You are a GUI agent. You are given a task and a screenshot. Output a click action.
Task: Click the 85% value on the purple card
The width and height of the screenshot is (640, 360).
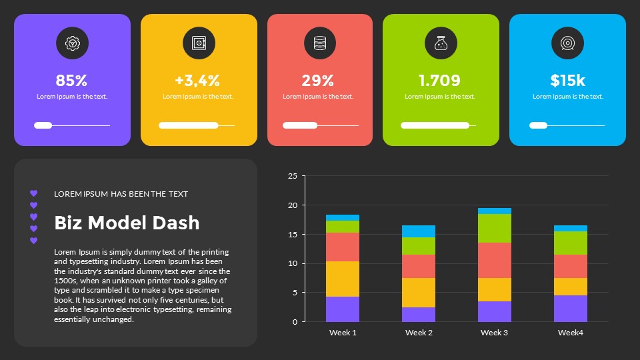click(x=72, y=81)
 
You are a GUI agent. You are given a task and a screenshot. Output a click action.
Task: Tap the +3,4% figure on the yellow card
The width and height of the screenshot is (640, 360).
click(x=198, y=81)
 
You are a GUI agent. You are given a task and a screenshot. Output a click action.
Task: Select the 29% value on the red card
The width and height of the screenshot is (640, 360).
click(x=318, y=81)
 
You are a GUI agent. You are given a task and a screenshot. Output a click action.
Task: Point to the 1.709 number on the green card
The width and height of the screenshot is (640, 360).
click(x=440, y=81)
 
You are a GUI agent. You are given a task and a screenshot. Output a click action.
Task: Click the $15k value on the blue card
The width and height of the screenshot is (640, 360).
click(x=567, y=81)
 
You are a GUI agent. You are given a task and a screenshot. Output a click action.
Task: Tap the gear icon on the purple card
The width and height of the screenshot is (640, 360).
click(x=72, y=43)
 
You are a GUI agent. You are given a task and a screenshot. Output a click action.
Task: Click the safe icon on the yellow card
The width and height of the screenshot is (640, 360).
click(x=199, y=43)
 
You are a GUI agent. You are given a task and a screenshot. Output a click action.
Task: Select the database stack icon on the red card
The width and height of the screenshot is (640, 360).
click(x=320, y=43)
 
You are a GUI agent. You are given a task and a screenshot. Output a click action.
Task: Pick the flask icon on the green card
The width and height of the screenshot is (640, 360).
click(x=441, y=43)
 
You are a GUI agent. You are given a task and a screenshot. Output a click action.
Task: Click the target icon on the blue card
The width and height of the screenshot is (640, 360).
click(x=567, y=43)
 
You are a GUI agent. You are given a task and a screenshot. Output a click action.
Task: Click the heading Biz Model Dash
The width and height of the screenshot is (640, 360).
click(x=127, y=223)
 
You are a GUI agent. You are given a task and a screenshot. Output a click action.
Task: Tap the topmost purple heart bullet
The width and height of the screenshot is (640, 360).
click(x=34, y=193)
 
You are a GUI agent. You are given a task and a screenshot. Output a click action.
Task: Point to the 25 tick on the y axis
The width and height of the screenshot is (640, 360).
click(x=292, y=176)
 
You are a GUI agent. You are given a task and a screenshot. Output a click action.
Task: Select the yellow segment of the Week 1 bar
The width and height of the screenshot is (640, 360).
click(x=343, y=279)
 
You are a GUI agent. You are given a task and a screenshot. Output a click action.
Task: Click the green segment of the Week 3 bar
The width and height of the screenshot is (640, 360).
click(x=494, y=228)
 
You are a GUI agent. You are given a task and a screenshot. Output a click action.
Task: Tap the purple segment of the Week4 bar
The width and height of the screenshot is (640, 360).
click(x=570, y=309)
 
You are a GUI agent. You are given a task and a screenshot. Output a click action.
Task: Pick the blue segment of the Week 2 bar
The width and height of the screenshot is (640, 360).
click(x=418, y=231)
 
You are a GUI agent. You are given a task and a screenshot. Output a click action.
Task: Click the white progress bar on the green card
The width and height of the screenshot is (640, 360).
click(x=435, y=125)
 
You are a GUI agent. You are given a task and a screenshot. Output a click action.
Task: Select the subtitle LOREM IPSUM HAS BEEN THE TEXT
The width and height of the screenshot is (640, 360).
click(x=121, y=194)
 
